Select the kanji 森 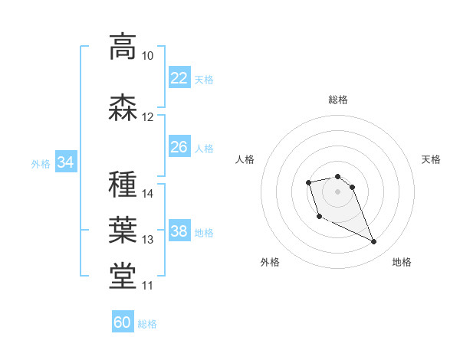(123, 107)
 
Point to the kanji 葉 (123, 230)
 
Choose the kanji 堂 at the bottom (123, 277)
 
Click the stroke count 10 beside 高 (147, 56)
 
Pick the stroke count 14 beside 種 (148, 194)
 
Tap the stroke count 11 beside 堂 (147, 286)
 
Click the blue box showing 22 (179, 77)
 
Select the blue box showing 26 (179, 146)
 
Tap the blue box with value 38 (179, 231)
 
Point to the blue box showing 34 (65, 162)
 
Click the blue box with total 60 (123, 322)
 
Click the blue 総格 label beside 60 (147, 324)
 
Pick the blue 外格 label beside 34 (41, 163)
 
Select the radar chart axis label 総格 (338, 100)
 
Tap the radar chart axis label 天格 (432, 159)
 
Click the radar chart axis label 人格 (245, 159)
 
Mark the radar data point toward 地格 (374, 242)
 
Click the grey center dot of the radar (338, 191)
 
